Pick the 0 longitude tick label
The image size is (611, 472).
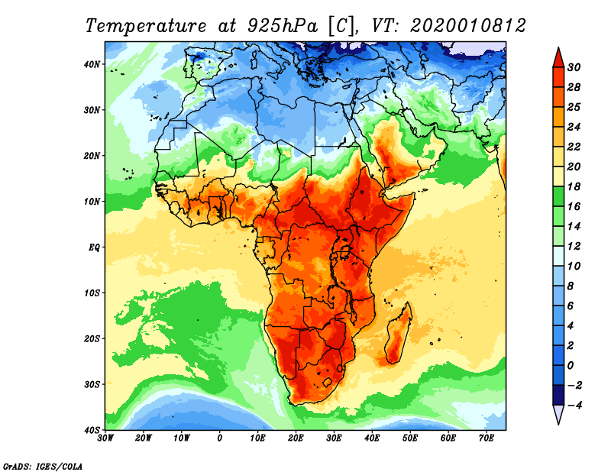point(220,438)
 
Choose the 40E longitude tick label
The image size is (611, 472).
point(372,438)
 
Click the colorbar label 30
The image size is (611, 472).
point(574,67)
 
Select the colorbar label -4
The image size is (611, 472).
point(574,405)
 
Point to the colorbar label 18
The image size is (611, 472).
point(574,186)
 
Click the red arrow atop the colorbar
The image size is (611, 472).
point(558,57)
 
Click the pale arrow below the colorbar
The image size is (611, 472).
point(558,415)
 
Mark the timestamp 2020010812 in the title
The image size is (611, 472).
point(467,25)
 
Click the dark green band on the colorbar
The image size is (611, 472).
point(558,196)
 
